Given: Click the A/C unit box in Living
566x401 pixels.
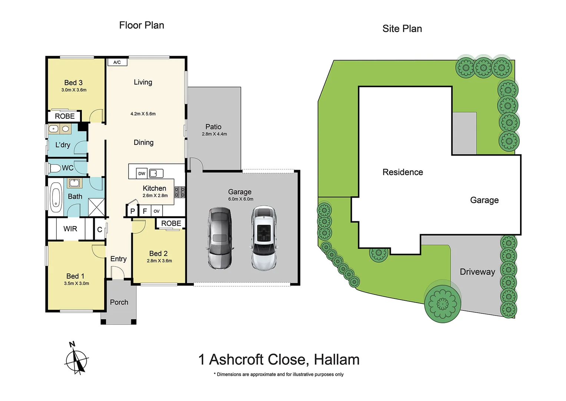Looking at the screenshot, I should (117, 62).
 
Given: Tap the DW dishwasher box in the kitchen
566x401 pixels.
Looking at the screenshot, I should (142, 173).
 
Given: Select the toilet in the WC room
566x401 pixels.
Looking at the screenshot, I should (55, 168).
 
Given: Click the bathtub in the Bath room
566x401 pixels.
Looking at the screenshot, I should (56, 197).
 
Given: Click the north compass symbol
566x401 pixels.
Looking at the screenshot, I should (76, 359).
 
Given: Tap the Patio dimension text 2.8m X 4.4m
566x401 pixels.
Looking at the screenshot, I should (214, 134).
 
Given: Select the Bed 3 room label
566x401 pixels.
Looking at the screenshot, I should (73, 82).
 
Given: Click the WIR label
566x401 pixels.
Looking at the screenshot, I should (70, 229).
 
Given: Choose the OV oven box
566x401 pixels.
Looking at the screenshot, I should (156, 211).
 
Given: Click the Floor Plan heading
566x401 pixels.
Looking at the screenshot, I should (141, 25).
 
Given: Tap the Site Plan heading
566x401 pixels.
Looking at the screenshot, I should (402, 29).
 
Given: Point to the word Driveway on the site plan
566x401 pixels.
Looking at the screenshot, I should (477, 272).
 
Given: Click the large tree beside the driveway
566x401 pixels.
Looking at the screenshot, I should (443, 303).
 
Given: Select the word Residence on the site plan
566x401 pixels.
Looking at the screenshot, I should (403, 172).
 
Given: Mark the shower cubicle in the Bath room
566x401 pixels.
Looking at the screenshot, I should (96, 207).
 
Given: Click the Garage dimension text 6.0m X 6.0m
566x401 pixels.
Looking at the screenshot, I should (241, 199).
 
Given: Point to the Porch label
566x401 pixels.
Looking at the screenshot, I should (119, 302).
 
